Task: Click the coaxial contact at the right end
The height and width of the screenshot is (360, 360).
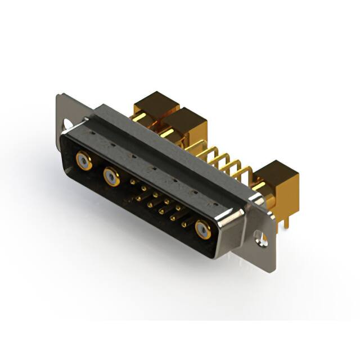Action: point(202,229)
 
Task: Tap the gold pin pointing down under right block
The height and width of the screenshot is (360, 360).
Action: point(286,220)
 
